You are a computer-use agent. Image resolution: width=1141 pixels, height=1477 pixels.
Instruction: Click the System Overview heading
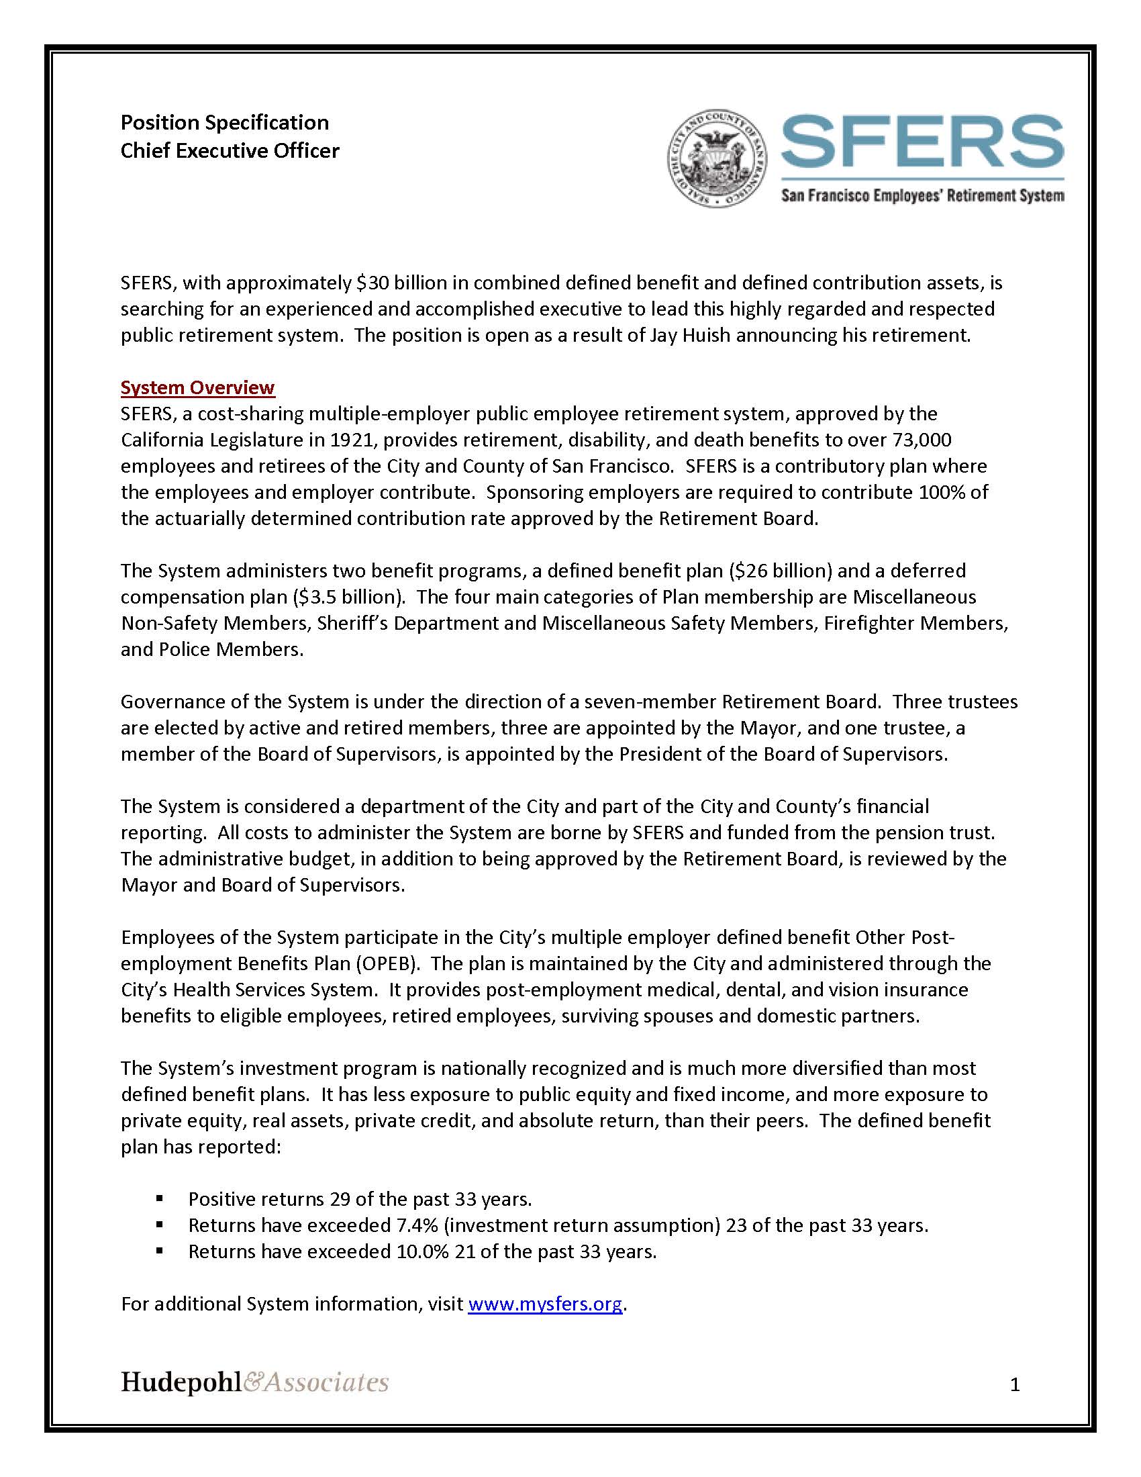[197, 387]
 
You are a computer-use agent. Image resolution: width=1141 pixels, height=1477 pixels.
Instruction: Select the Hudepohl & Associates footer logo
[254, 1381]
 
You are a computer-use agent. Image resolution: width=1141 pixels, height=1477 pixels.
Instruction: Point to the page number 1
[1014, 1385]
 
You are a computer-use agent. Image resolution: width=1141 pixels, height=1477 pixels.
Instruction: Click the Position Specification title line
[224, 122]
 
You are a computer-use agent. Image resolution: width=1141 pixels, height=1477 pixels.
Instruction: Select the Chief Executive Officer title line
[230, 150]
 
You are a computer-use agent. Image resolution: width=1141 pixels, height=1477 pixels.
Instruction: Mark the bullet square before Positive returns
[160, 1199]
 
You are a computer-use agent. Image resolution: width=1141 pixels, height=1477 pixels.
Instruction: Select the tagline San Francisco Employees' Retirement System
[922, 196]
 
